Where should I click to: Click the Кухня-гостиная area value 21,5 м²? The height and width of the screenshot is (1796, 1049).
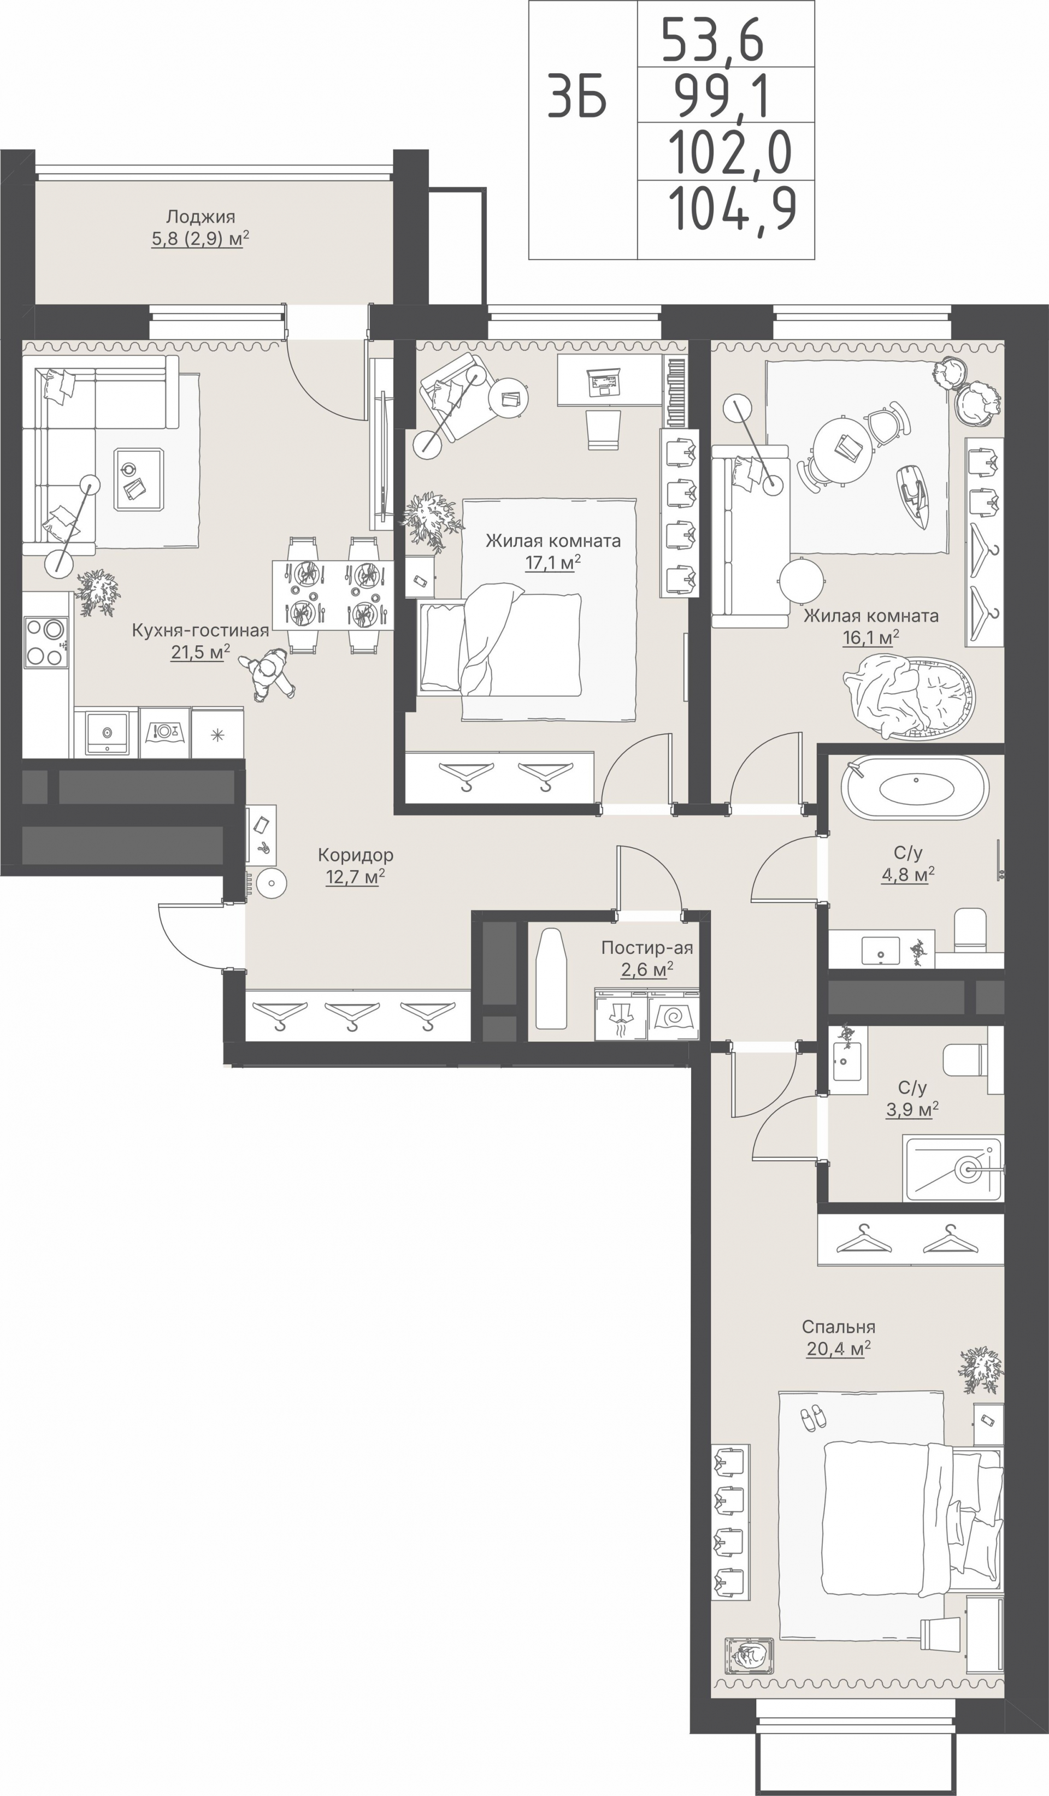(x=201, y=652)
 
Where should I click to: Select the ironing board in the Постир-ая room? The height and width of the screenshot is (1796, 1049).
(x=550, y=978)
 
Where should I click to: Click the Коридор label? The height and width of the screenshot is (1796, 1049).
(x=355, y=854)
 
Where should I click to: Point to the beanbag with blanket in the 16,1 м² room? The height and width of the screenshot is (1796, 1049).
(x=909, y=695)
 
